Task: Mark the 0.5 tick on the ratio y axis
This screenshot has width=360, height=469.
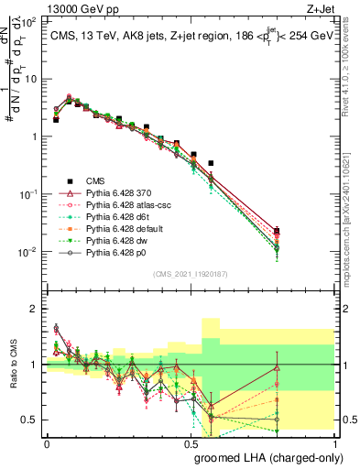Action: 32,420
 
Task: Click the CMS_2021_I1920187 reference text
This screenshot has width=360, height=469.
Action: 191,273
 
